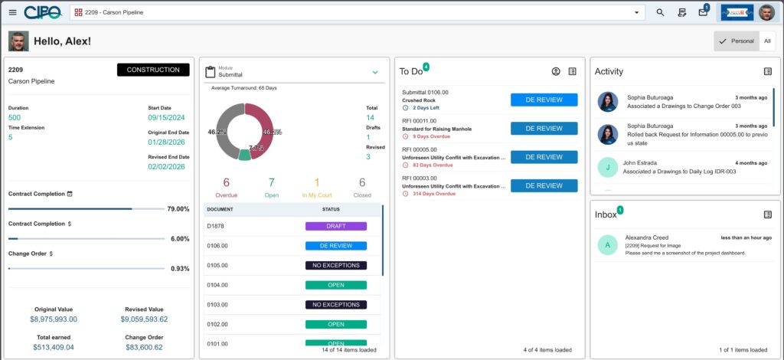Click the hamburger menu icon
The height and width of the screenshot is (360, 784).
pyautogui.click(x=12, y=12)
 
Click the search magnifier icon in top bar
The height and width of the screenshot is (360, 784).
pyautogui.click(x=660, y=12)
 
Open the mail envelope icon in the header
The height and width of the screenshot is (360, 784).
pyautogui.click(x=703, y=12)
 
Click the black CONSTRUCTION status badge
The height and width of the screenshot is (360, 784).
pyautogui.click(x=153, y=70)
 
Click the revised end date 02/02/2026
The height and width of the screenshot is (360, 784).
pyautogui.click(x=168, y=166)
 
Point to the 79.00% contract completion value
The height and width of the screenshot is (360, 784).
pyautogui.click(x=178, y=209)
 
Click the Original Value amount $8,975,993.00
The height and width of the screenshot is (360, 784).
pyautogui.click(x=54, y=319)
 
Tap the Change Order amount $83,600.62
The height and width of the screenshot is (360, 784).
pyautogui.click(x=145, y=347)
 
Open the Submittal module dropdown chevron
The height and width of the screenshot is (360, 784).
pyautogui.click(x=375, y=72)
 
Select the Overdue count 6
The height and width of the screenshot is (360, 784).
pyautogui.click(x=227, y=182)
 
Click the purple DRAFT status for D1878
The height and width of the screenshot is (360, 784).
pyautogui.click(x=335, y=226)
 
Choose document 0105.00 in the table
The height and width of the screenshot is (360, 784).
pyautogui.click(x=218, y=266)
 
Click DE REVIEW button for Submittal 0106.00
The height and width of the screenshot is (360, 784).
pyautogui.click(x=544, y=100)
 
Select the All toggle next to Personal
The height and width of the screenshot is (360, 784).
pyautogui.click(x=768, y=41)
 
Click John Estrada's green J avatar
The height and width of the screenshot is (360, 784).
pyautogui.click(x=608, y=167)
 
